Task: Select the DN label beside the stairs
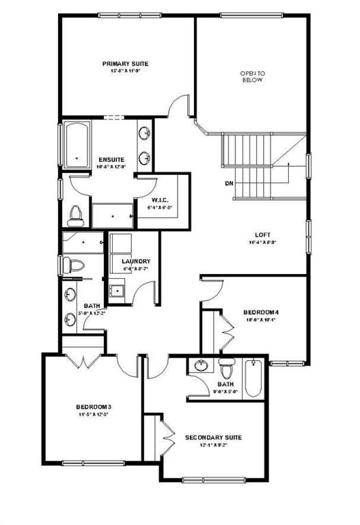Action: pyautogui.click(x=229, y=183)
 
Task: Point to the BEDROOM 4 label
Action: pyautogui.click(x=262, y=312)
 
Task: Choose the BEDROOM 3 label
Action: pyautogui.click(x=94, y=406)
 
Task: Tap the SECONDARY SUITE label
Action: pyautogui.click(x=213, y=437)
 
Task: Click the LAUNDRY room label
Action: pyautogui.click(x=135, y=261)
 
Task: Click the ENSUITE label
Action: pyautogui.click(x=110, y=159)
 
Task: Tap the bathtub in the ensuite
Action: pyautogui.click(x=77, y=144)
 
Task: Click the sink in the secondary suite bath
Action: pyautogui.click(x=200, y=365)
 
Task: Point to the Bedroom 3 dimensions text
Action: pyautogui.click(x=94, y=415)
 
